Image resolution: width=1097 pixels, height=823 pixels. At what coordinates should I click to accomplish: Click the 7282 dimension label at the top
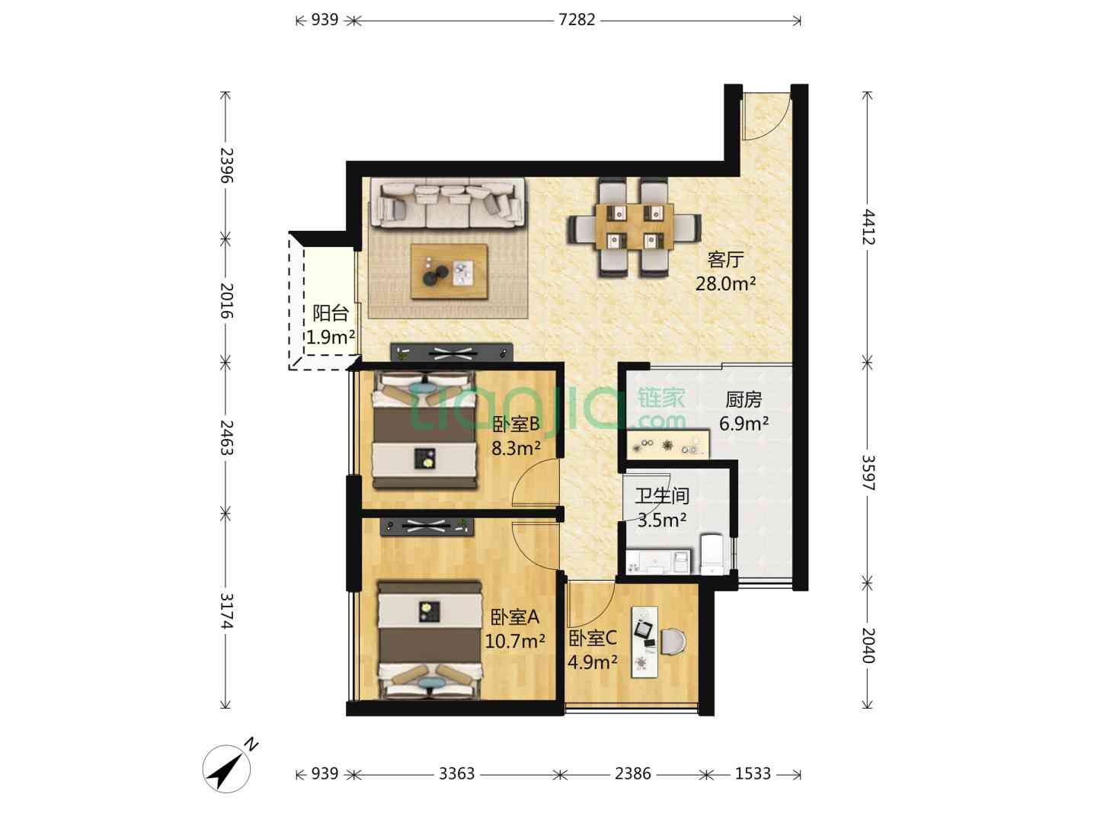click(577, 20)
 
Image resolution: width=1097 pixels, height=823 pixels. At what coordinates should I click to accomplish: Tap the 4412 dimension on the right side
click(868, 226)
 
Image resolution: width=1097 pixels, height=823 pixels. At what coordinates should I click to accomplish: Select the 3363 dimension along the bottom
click(456, 773)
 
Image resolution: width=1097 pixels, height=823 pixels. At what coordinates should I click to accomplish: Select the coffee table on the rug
click(449, 271)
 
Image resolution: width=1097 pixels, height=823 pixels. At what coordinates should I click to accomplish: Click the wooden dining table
click(634, 226)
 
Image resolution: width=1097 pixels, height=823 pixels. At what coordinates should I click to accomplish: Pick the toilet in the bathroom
click(712, 555)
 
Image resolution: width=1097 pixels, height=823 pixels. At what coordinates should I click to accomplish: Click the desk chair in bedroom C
click(673, 642)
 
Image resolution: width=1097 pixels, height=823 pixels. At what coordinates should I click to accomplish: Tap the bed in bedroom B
click(424, 430)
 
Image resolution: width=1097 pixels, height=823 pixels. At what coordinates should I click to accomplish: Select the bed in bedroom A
click(430, 639)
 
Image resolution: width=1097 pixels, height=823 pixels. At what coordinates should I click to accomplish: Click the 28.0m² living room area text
click(725, 283)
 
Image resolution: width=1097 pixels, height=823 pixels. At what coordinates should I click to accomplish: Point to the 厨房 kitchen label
click(744, 399)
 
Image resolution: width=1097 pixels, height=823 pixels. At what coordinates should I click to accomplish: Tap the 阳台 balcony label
click(331, 313)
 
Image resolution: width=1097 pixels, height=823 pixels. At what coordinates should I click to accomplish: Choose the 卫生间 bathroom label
click(662, 495)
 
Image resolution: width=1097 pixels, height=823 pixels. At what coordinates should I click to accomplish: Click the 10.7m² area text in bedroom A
click(515, 641)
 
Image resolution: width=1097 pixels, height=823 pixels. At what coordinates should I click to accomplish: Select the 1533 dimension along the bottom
click(753, 773)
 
